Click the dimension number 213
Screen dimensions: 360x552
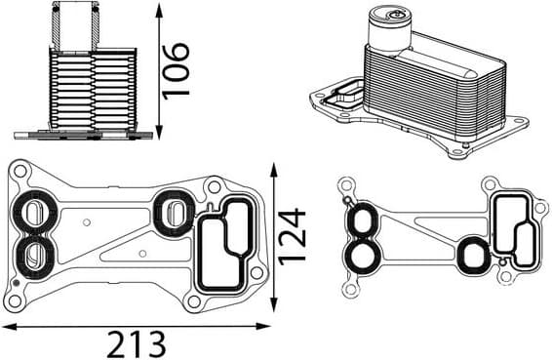[x=136, y=342]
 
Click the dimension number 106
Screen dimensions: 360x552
[x=176, y=69]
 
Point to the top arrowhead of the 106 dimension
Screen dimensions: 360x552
[x=157, y=8]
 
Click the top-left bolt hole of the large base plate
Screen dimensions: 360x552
[x=19, y=171]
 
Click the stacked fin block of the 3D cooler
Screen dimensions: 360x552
[x=434, y=88]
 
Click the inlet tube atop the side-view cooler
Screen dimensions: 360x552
[x=74, y=23]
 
